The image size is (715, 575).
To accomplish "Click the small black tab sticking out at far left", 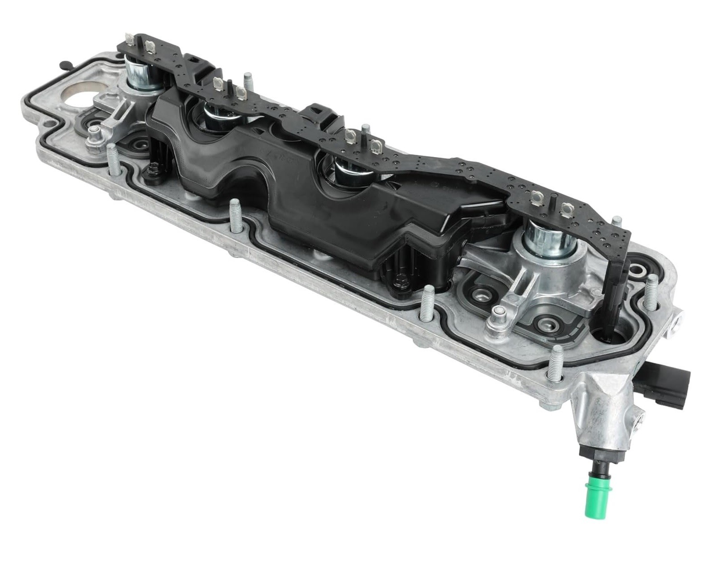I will (x=64, y=64).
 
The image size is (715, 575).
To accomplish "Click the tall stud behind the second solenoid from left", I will (x=246, y=83).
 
